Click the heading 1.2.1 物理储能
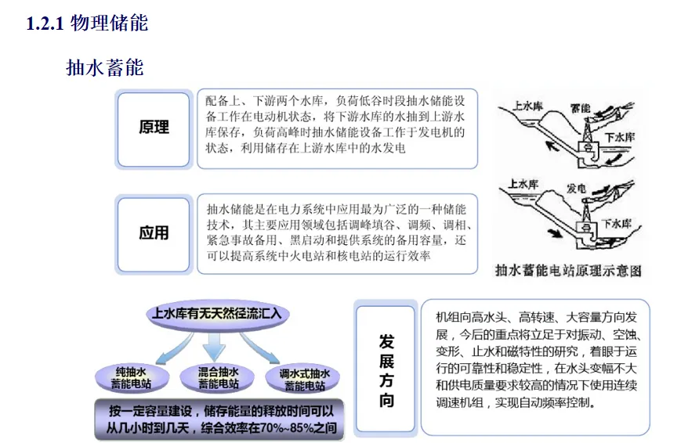[87, 23]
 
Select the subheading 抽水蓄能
[105, 67]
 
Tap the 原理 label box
[154, 128]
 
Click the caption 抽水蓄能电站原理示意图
[568, 271]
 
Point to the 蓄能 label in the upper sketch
[581, 107]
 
